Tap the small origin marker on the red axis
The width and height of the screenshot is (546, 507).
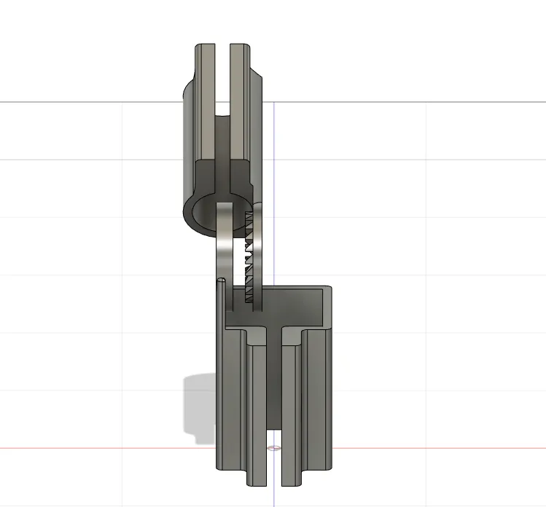273,448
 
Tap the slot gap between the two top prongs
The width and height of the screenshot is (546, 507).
222,80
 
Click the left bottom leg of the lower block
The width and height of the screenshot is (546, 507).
257,415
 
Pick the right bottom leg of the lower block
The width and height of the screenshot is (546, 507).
290,415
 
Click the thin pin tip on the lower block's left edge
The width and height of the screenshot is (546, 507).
221,280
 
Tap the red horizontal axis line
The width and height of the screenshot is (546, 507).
437,448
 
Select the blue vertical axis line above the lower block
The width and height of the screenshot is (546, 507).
273,182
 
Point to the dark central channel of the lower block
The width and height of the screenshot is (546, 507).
273,393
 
